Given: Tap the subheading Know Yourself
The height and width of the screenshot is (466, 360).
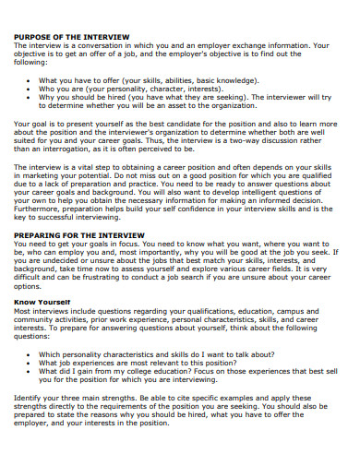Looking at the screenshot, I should click(x=44, y=301).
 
